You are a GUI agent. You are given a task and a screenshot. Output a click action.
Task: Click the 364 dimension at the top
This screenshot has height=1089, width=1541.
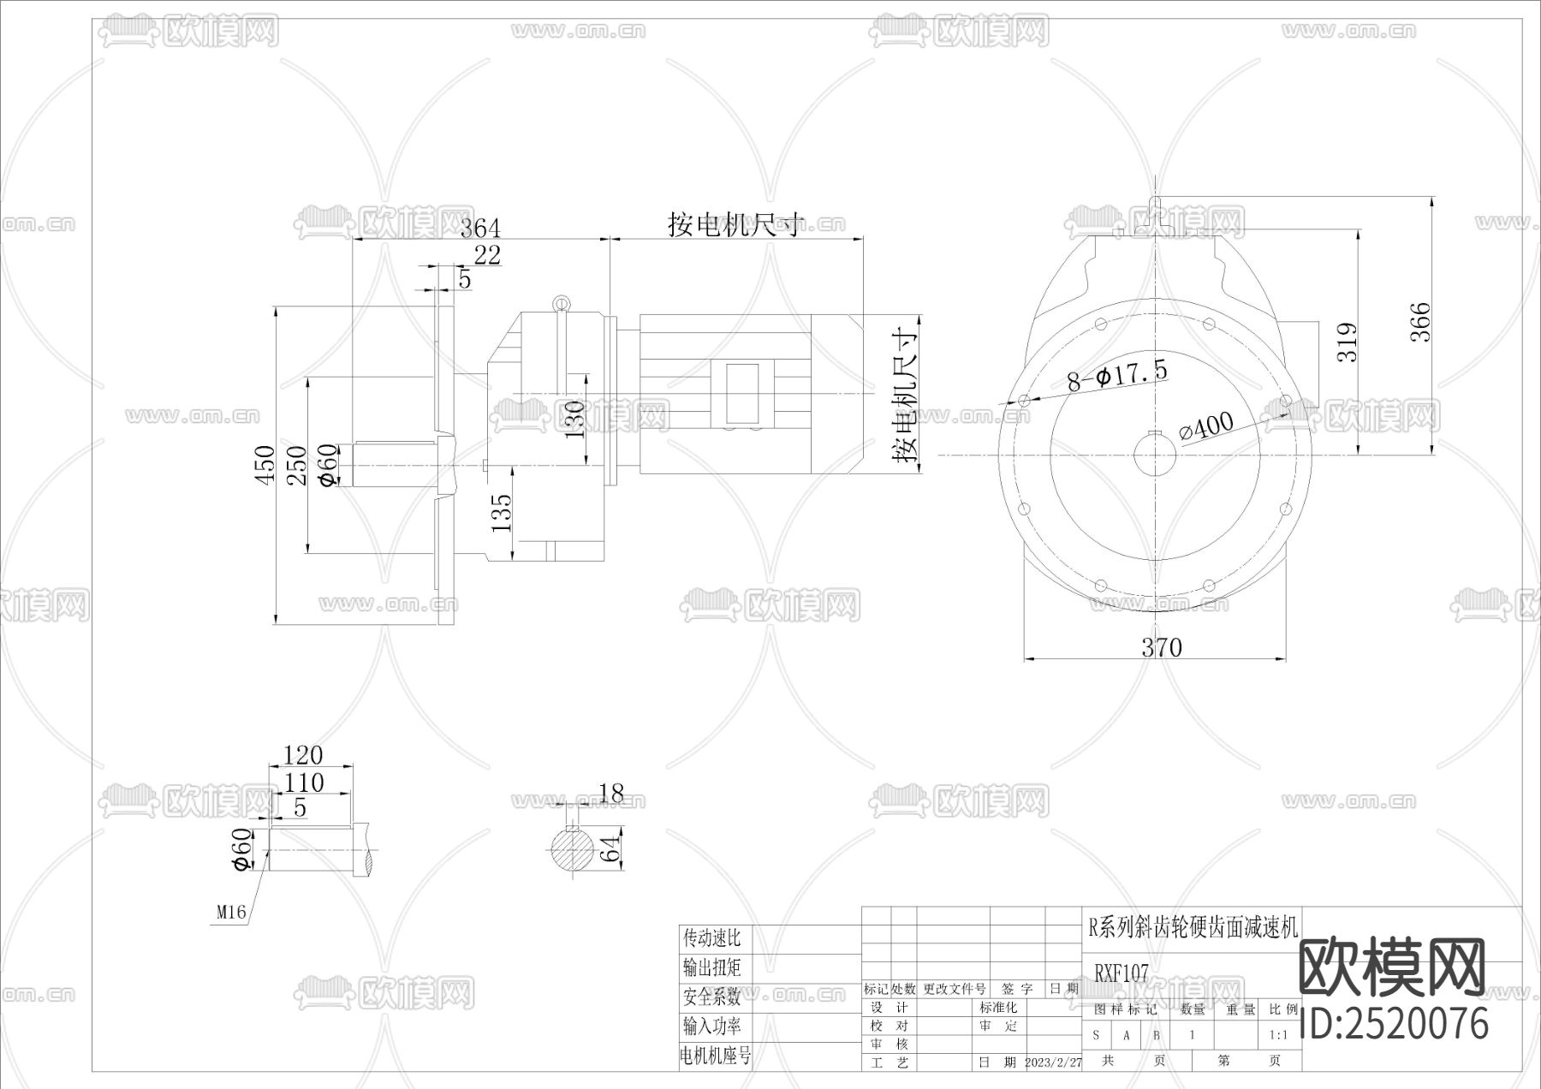tap(480, 229)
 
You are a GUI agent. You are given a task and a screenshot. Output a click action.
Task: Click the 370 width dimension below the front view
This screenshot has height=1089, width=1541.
tap(1161, 647)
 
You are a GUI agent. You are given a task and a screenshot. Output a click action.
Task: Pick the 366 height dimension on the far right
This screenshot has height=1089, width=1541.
tap(1420, 322)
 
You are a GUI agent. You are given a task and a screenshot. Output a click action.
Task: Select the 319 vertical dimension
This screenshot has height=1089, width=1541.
tap(1348, 342)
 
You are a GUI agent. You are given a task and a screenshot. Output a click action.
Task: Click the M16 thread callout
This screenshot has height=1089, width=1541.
tap(230, 913)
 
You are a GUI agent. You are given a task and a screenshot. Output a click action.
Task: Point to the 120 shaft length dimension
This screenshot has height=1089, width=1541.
tap(303, 755)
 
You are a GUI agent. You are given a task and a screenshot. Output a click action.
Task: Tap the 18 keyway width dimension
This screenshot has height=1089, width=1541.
tap(611, 794)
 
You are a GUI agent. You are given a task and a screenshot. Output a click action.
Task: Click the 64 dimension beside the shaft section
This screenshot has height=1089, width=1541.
tap(610, 850)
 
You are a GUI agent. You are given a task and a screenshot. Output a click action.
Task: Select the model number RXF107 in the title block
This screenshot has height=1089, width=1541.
tap(1122, 973)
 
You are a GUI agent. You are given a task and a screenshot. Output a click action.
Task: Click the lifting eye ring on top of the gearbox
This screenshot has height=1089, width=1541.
tap(561, 302)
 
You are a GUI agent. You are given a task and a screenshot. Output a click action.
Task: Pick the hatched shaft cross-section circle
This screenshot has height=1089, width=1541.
tap(571, 850)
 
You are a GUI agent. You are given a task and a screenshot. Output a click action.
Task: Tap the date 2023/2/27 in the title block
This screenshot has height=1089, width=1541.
tap(1053, 1062)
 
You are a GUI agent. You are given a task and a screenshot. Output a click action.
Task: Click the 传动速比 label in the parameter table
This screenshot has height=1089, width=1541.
tap(711, 938)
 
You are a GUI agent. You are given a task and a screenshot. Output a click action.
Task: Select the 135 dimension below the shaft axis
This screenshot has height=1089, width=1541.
tap(503, 512)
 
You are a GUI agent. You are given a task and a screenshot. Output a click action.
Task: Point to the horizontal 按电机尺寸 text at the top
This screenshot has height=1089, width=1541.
tap(736, 224)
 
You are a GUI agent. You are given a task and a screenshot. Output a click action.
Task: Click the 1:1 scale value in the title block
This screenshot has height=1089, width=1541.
tap(1278, 1034)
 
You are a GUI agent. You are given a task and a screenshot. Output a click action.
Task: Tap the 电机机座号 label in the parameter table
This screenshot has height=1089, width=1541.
tap(716, 1056)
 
